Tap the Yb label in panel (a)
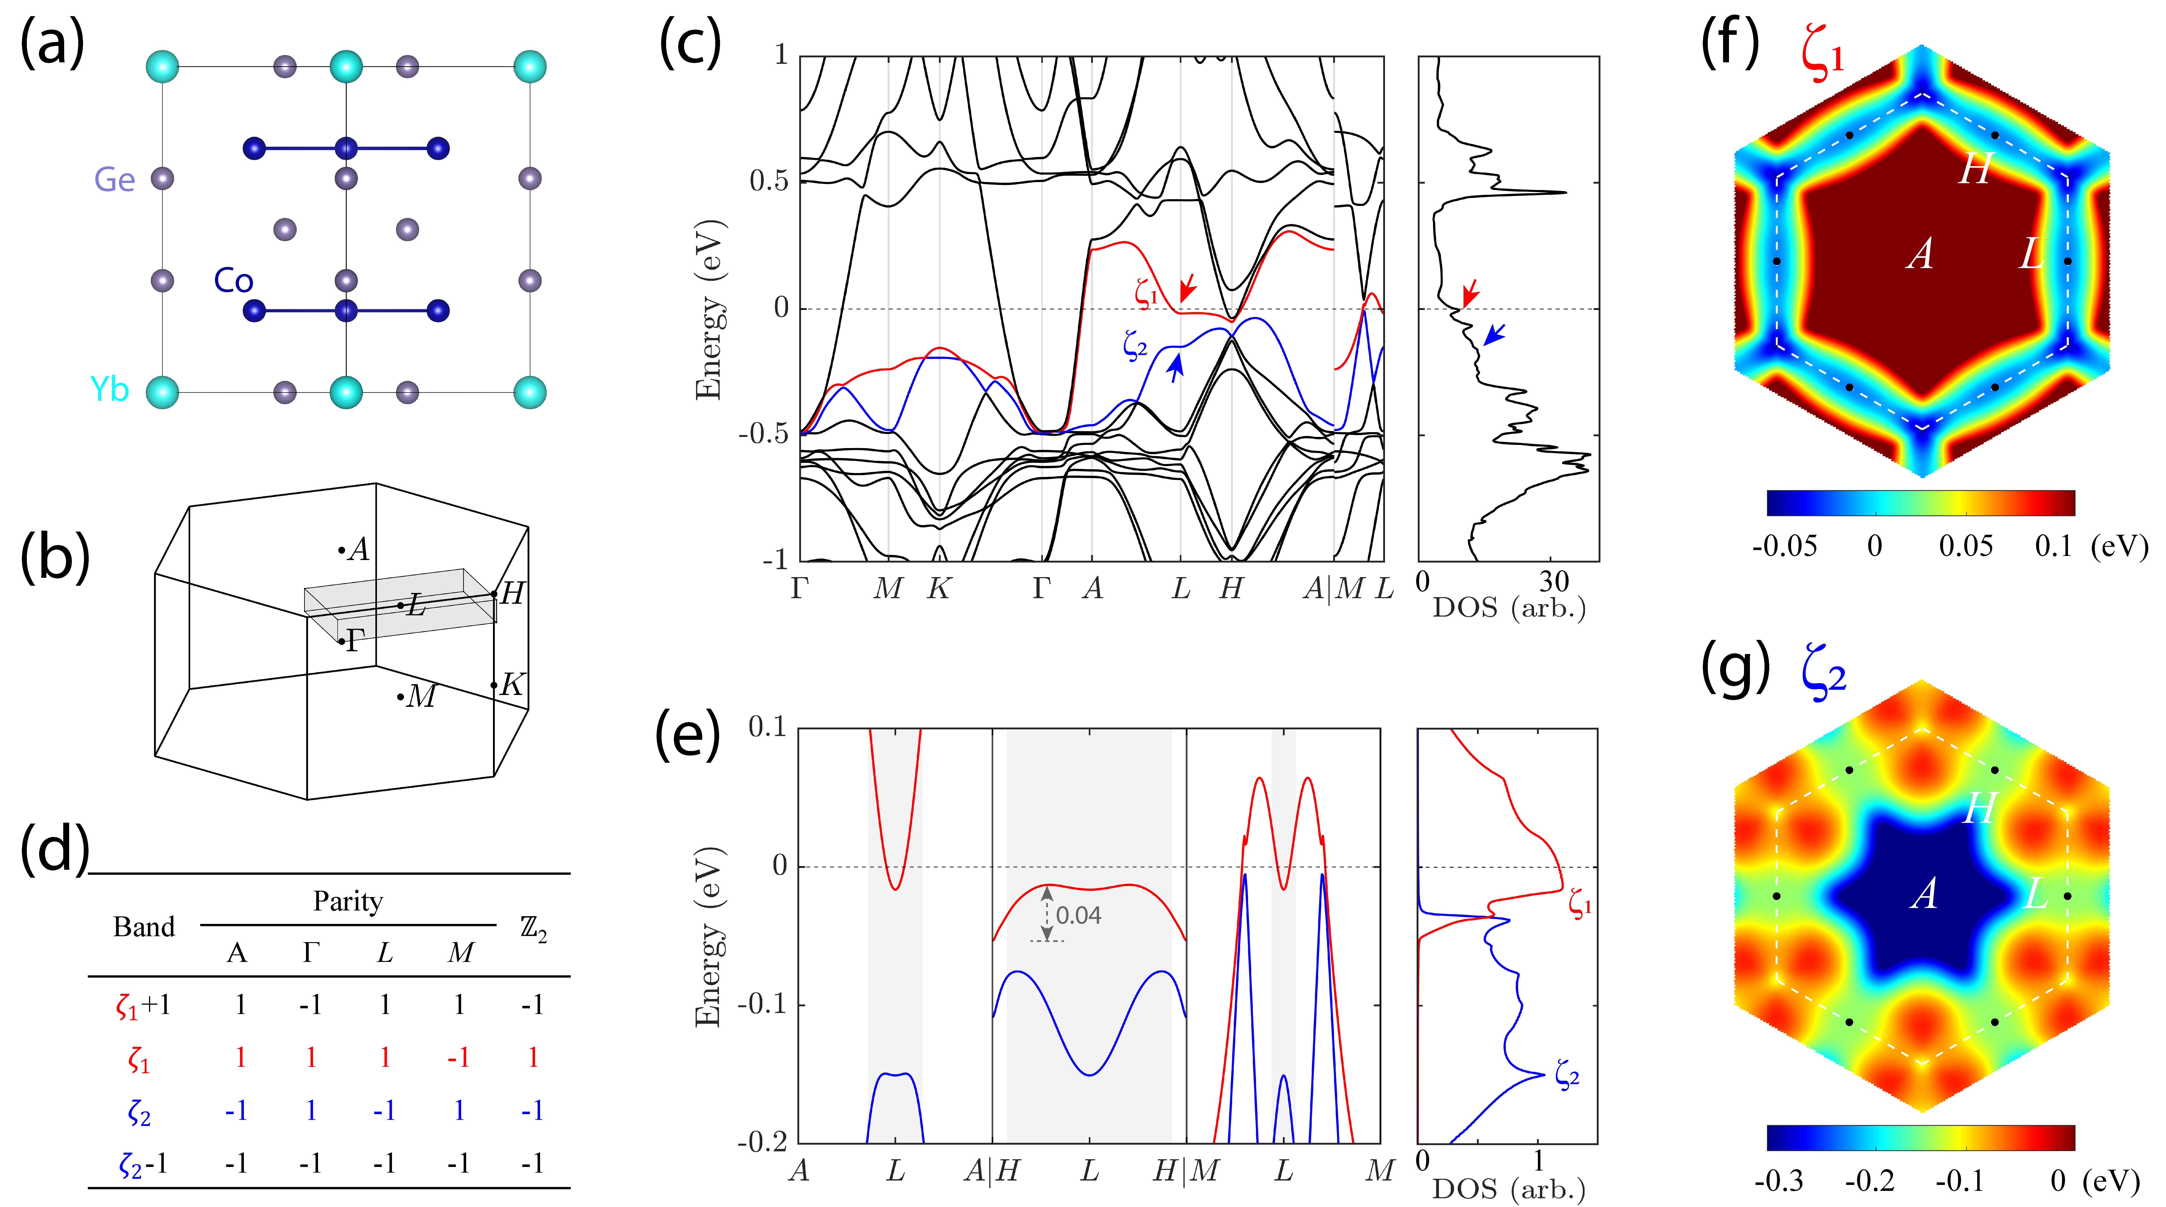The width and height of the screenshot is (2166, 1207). click(109, 389)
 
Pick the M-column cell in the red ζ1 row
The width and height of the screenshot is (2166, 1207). click(458, 1057)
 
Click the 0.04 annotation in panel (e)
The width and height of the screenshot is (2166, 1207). click(1078, 915)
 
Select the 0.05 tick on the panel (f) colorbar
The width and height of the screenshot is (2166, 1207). click(1965, 547)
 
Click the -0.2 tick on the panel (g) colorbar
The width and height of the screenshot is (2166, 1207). click(1869, 1182)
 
